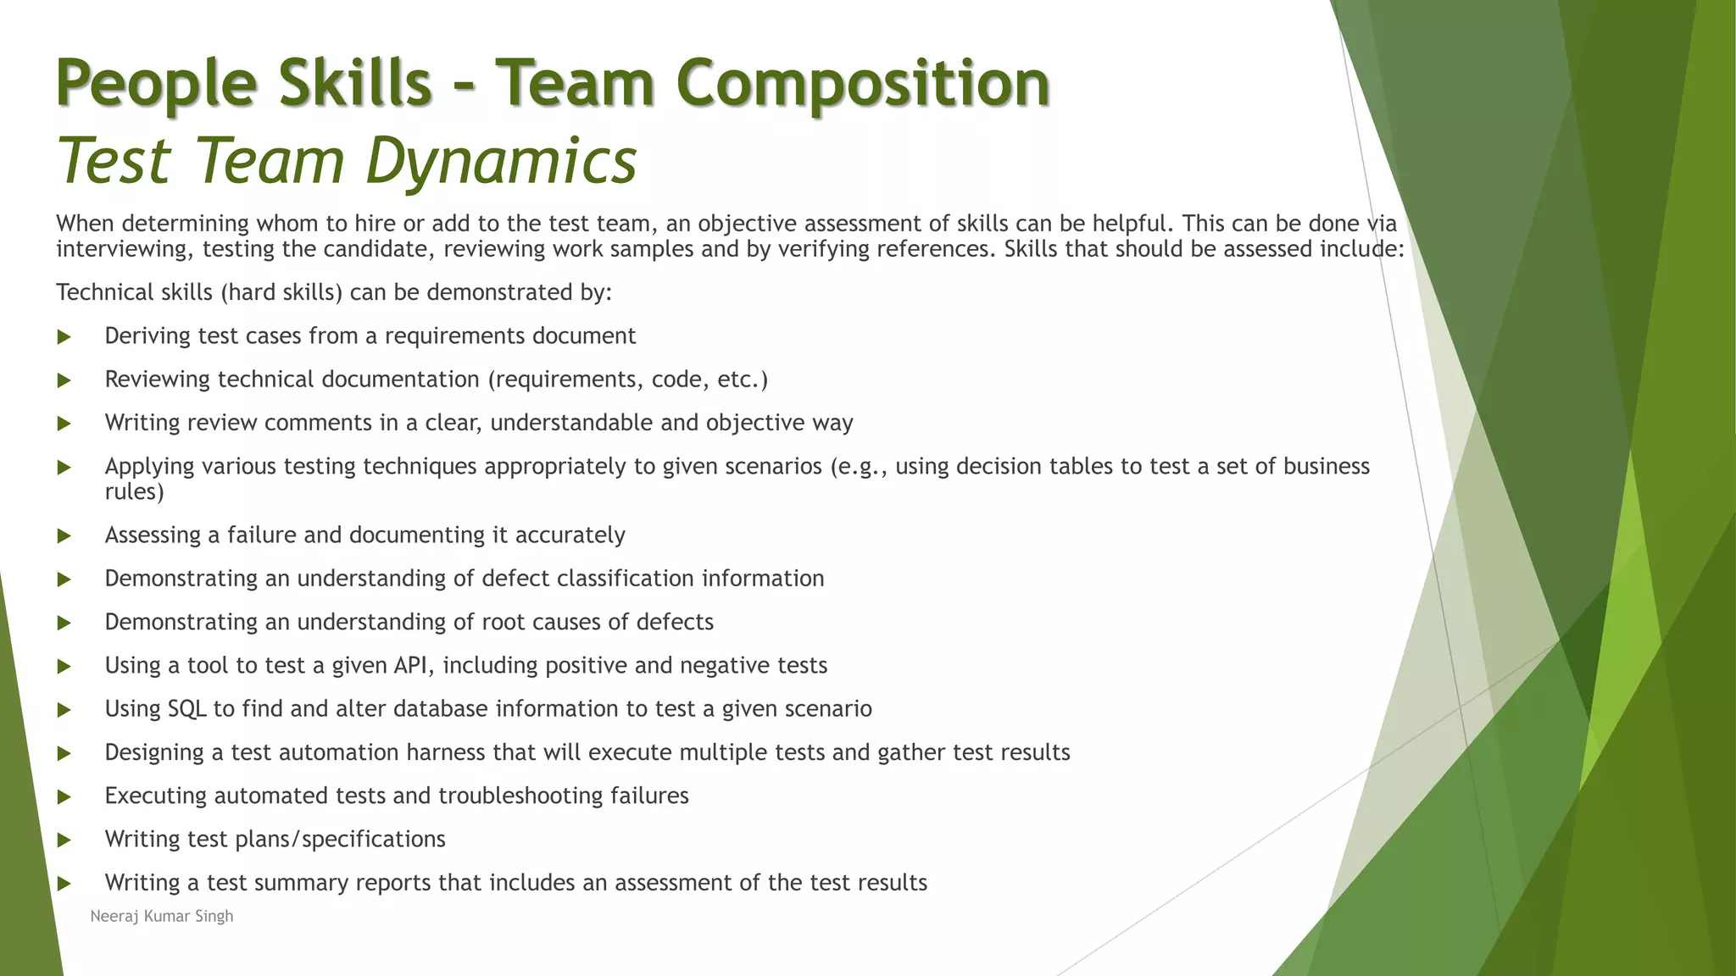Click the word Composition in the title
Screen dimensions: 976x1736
[x=863, y=85]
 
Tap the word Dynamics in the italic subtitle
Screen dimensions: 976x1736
[x=501, y=161]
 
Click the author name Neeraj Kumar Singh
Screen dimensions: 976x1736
[x=161, y=916]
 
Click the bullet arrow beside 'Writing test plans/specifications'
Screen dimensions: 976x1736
[x=64, y=840]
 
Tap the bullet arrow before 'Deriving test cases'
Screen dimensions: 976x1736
[x=64, y=337]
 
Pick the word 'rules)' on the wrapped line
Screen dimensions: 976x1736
[x=134, y=491]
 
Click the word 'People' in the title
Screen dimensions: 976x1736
[x=156, y=85]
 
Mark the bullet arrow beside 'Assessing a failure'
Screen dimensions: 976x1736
[x=64, y=536]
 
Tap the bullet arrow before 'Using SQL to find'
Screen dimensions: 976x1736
[x=64, y=710]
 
